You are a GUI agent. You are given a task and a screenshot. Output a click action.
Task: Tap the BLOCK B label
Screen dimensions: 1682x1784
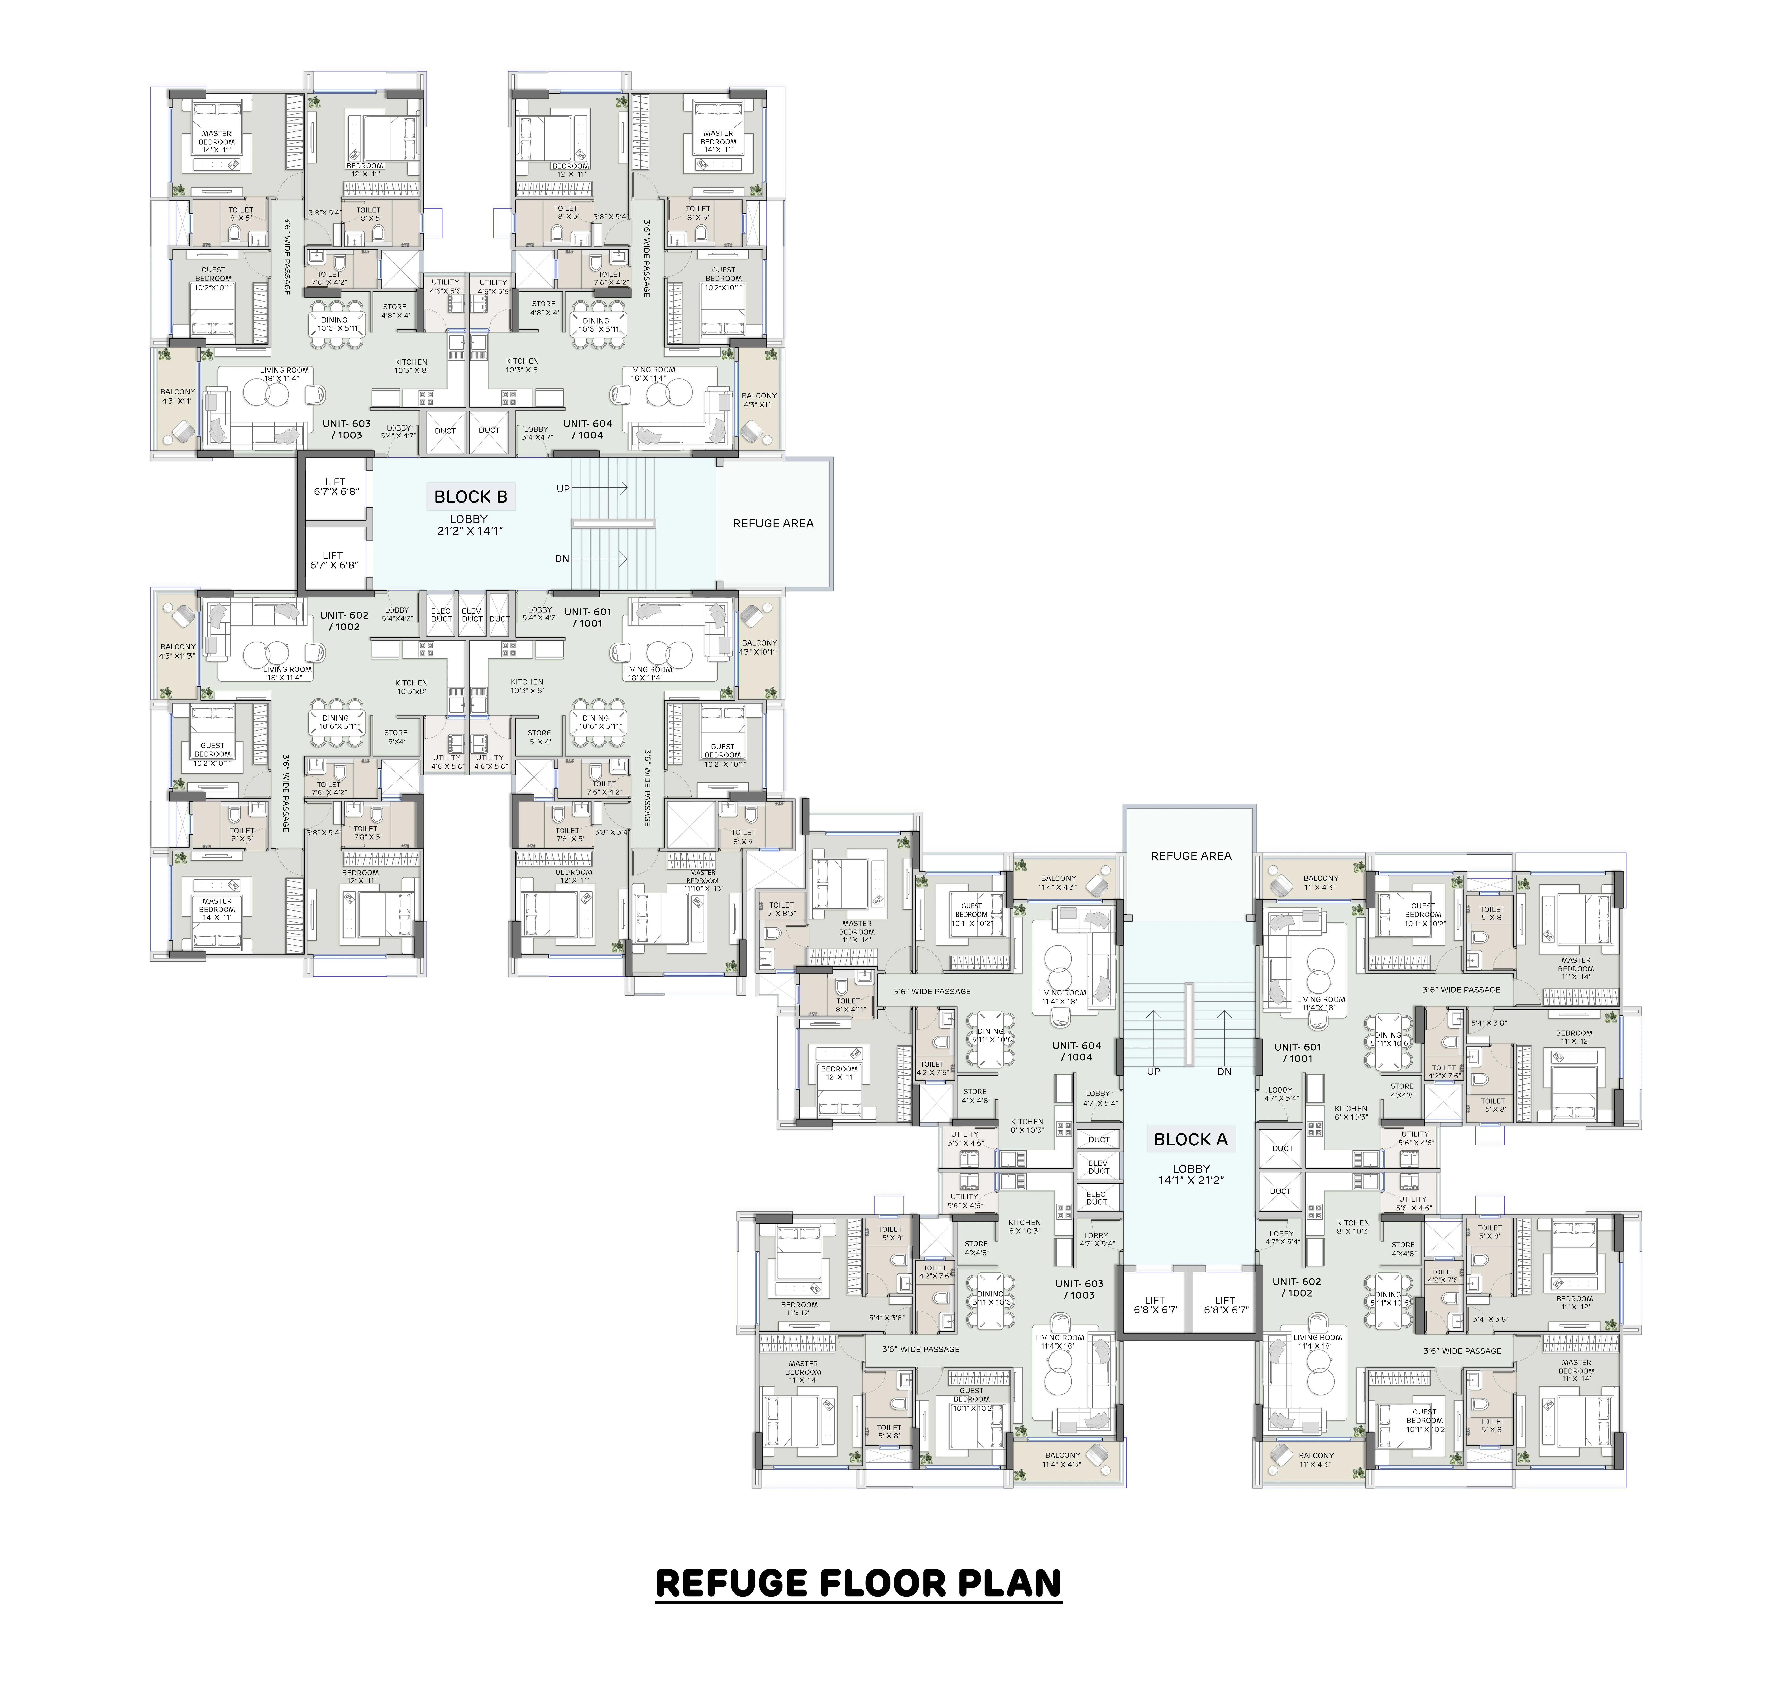(470, 496)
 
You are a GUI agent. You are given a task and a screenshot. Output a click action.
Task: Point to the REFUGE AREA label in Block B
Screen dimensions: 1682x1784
(773, 523)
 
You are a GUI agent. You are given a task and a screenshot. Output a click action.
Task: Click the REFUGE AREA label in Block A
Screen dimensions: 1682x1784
(1191, 855)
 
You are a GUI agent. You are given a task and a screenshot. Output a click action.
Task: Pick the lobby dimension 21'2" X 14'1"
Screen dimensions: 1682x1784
(469, 530)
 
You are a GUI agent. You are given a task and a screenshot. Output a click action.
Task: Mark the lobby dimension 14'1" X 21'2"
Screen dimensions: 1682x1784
(1191, 1180)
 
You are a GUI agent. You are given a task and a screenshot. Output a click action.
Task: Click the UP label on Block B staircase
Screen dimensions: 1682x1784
(563, 489)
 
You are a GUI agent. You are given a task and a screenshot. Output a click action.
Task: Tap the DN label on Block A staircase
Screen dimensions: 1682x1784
(1224, 1072)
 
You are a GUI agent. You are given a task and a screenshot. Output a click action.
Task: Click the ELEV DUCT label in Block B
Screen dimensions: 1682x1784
(471, 615)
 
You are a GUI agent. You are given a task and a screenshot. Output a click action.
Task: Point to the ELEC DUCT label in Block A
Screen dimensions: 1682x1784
(1097, 1198)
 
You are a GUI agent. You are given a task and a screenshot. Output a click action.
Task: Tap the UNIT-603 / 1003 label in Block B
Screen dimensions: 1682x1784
(346, 429)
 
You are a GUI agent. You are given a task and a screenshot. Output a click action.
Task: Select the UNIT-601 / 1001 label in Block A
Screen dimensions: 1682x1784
(1298, 1053)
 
